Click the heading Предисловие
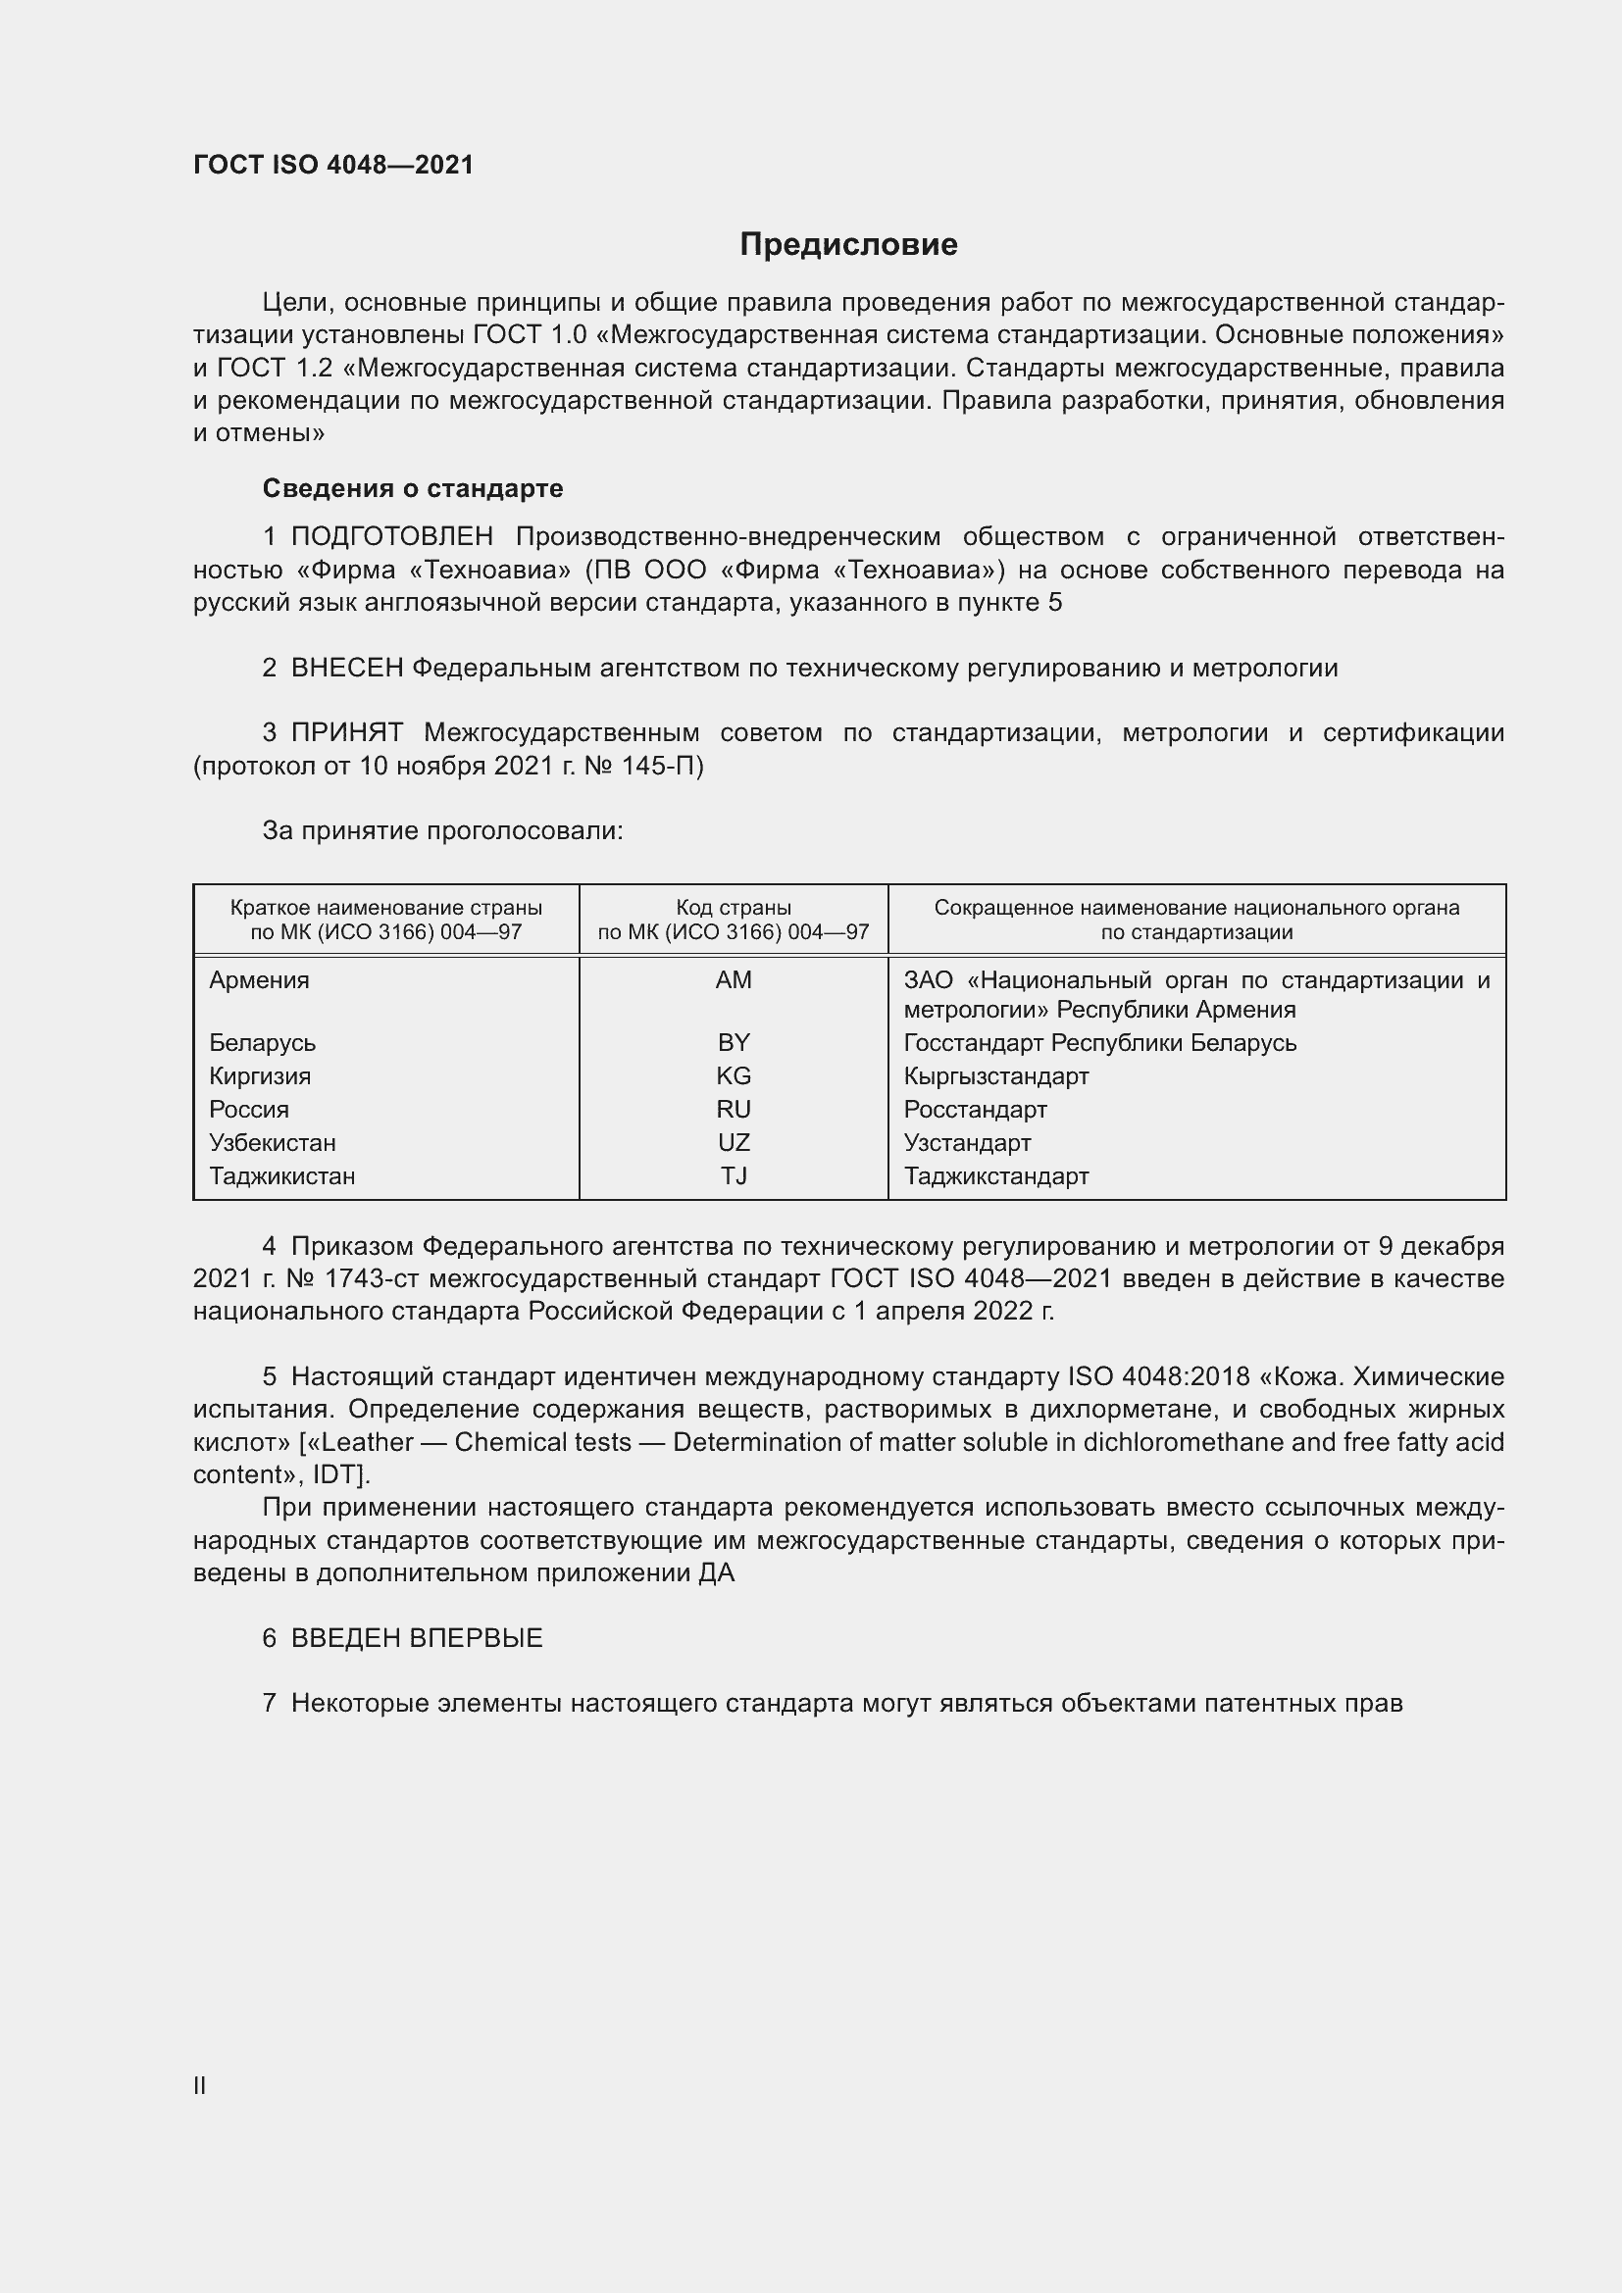click(x=848, y=245)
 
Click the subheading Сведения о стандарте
click(x=413, y=488)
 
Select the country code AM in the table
click(x=734, y=979)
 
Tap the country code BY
click(x=734, y=1043)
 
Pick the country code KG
click(x=734, y=1075)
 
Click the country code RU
click(x=734, y=1110)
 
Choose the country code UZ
click(x=734, y=1142)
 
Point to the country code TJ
click(x=734, y=1175)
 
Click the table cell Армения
click(x=260, y=979)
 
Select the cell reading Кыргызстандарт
click(x=995, y=1075)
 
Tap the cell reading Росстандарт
click(x=975, y=1110)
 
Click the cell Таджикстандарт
click(x=995, y=1175)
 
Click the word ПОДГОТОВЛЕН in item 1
click(x=391, y=537)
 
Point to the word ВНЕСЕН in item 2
click(x=346, y=669)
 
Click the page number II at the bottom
click(x=200, y=2085)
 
